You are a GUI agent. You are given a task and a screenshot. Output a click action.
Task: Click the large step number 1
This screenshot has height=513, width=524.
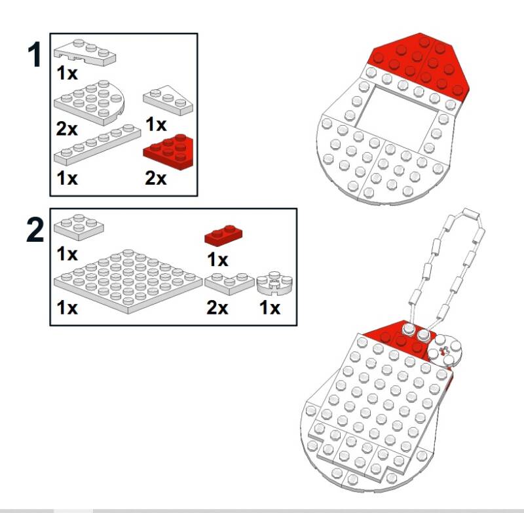click(35, 54)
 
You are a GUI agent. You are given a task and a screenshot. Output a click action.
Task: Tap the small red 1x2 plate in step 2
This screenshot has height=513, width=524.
click(223, 235)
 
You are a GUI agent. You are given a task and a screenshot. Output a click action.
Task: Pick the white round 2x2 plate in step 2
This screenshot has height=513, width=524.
click(274, 284)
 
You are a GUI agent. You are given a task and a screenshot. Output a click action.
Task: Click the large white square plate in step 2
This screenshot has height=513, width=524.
click(128, 280)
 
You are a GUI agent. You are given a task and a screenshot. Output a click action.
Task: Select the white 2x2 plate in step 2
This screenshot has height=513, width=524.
click(79, 227)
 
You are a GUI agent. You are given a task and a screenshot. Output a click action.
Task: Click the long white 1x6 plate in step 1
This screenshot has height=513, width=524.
click(97, 144)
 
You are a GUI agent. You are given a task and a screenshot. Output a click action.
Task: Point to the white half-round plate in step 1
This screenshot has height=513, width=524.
click(90, 102)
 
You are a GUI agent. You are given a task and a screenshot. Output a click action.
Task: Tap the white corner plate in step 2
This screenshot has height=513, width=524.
click(229, 284)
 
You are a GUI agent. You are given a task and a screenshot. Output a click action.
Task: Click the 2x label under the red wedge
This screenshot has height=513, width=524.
click(155, 178)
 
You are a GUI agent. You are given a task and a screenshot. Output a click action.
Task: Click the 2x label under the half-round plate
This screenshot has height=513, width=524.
click(67, 128)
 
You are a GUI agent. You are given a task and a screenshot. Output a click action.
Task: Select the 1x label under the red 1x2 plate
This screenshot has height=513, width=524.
click(217, 259)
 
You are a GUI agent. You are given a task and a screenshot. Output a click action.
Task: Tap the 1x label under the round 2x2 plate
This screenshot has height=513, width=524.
click(270, 307)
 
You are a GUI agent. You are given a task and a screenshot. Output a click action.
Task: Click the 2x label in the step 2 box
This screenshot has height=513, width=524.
click(217, 307)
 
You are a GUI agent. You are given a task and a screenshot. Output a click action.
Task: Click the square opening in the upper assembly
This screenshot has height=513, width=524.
click(396, 113)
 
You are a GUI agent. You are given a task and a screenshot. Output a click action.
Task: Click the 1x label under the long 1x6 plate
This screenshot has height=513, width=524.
click(67, 178)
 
